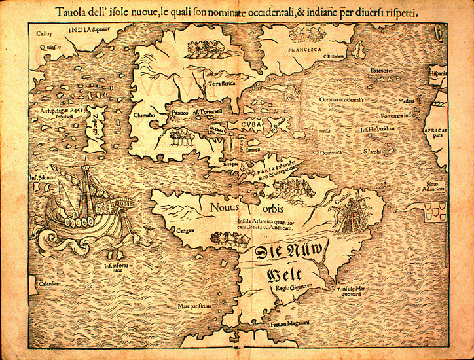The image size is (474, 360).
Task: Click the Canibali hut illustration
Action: click(347, 217)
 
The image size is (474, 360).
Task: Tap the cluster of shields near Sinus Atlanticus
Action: click(435, 211)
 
